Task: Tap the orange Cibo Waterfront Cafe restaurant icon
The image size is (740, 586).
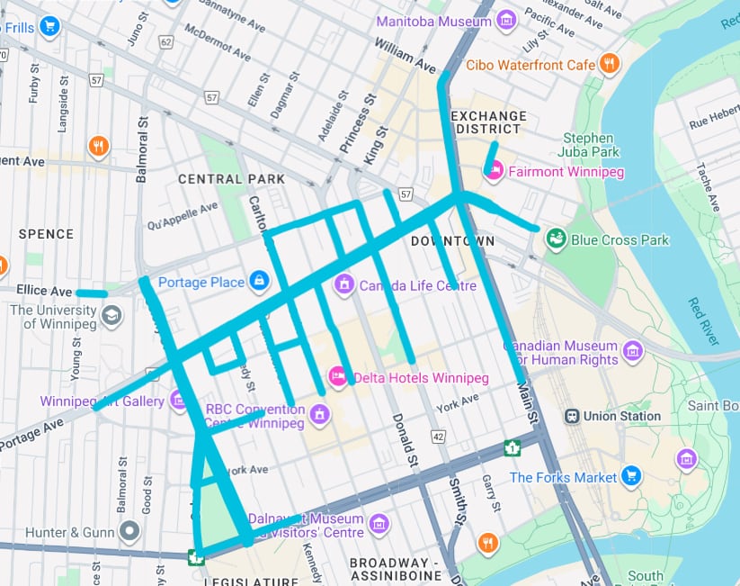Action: (x=610, y=64)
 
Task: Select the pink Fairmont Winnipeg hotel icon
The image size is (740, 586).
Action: (x=494, y=171)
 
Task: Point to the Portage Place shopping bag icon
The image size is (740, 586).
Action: (x=259, y=282)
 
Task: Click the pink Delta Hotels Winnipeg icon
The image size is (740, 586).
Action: (x=338, y=377)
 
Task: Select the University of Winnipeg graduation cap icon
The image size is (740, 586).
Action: (x=111, y=316)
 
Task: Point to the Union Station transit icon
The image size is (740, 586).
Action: (x=572, y=416)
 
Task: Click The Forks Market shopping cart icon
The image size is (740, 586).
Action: (x=631, y=477)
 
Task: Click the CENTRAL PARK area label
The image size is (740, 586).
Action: (x=231, y=179)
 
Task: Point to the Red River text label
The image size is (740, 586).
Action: (x=704, y=319)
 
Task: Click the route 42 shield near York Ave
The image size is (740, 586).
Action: (x=438, y=437)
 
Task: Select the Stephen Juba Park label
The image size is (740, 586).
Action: (x=588, y=146)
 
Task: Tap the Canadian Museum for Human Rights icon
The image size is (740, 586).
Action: (x=633, y=350)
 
